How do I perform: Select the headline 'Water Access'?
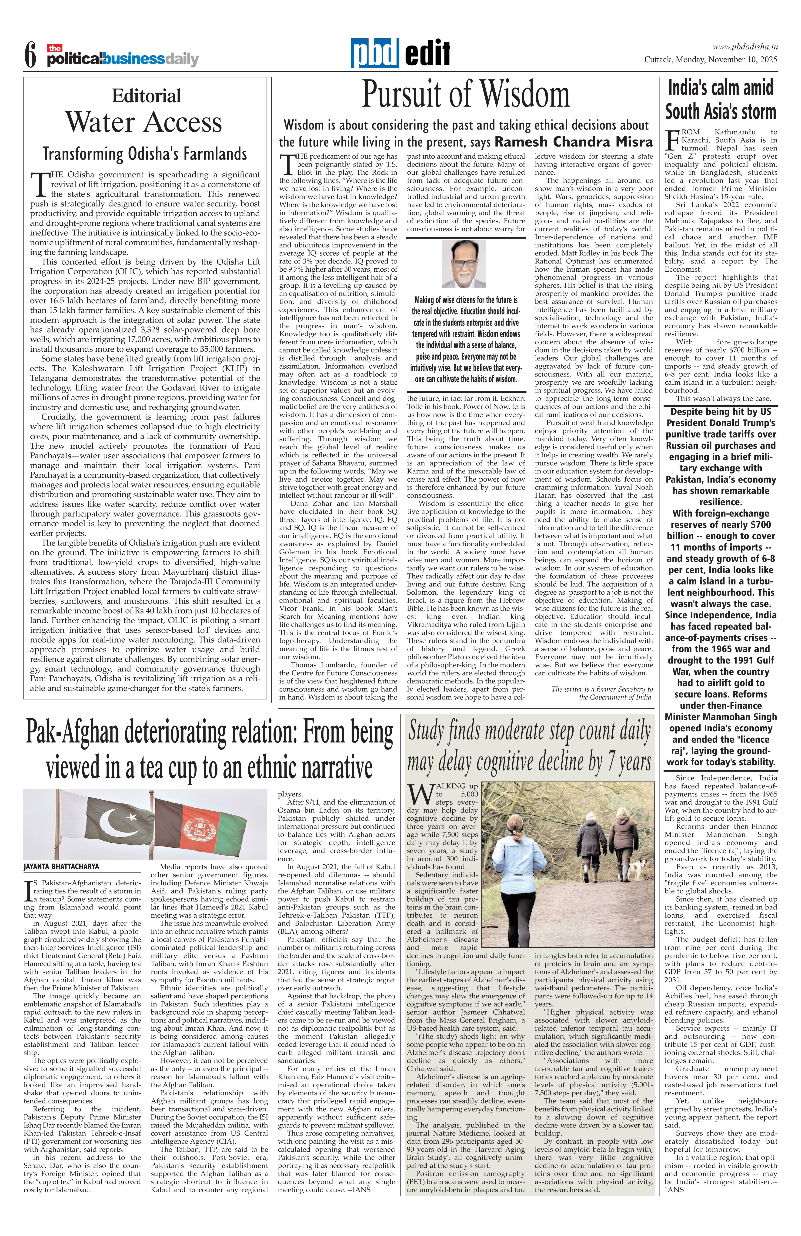point(144,123)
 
